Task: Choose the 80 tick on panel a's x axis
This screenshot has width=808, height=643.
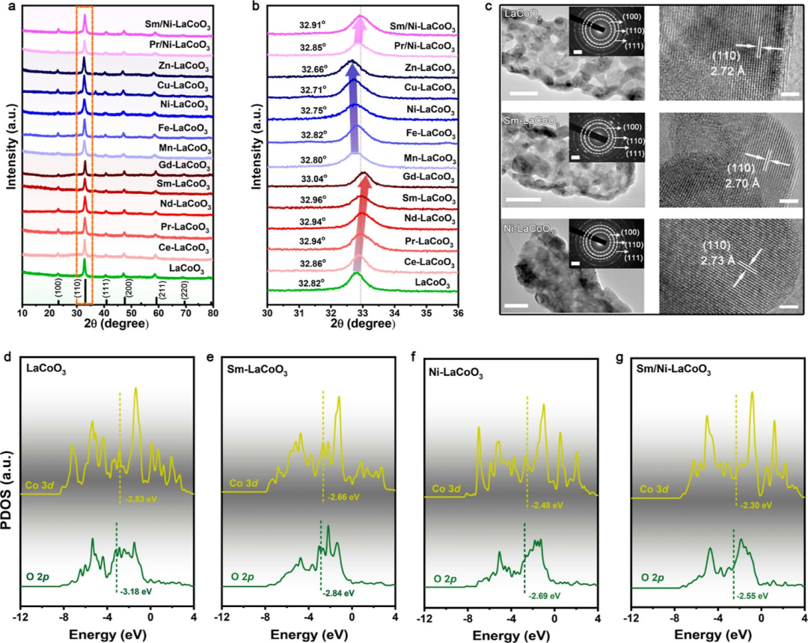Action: click(213, 312)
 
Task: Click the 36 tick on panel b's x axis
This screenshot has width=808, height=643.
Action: click(458, 312)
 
